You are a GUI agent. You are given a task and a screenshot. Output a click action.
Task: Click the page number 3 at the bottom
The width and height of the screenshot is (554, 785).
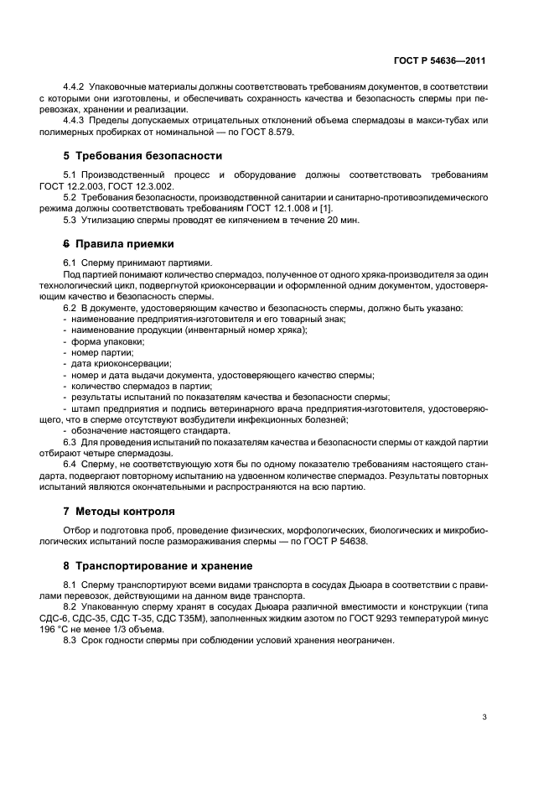484,716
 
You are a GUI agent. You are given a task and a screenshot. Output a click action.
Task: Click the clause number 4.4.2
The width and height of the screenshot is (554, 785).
76,86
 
